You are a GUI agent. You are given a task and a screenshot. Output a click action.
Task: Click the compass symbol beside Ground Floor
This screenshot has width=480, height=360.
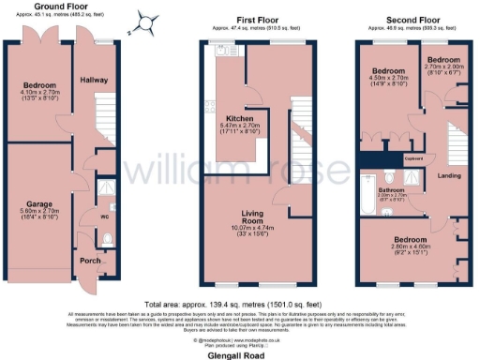click(144, 21)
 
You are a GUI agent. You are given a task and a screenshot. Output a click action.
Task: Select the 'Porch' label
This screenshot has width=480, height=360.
click(90, 261)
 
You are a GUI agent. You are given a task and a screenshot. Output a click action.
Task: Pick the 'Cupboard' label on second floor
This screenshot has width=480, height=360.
click(414, 158)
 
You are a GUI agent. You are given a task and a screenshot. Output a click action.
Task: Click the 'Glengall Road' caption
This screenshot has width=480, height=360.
click(240, 345)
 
